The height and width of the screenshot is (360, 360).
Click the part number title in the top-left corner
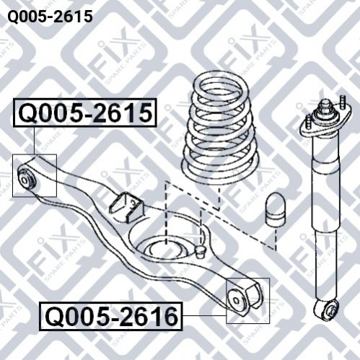click(50, 17)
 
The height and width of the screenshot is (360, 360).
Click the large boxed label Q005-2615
click(85, 113)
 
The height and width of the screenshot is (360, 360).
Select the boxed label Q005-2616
click(111, 316)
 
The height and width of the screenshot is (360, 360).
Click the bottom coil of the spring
click(220, 174)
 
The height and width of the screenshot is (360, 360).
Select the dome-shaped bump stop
click(275, 209)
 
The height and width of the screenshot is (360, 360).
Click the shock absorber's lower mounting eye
click(327, 310)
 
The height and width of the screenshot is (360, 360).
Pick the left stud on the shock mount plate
click(308, 122)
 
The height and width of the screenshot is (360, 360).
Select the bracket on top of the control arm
click(127, 206)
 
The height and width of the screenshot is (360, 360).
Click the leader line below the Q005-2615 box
click(34, 141)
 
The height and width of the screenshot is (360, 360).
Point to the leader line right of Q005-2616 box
click(204, 315)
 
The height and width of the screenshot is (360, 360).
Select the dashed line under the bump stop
click(276, 238)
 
